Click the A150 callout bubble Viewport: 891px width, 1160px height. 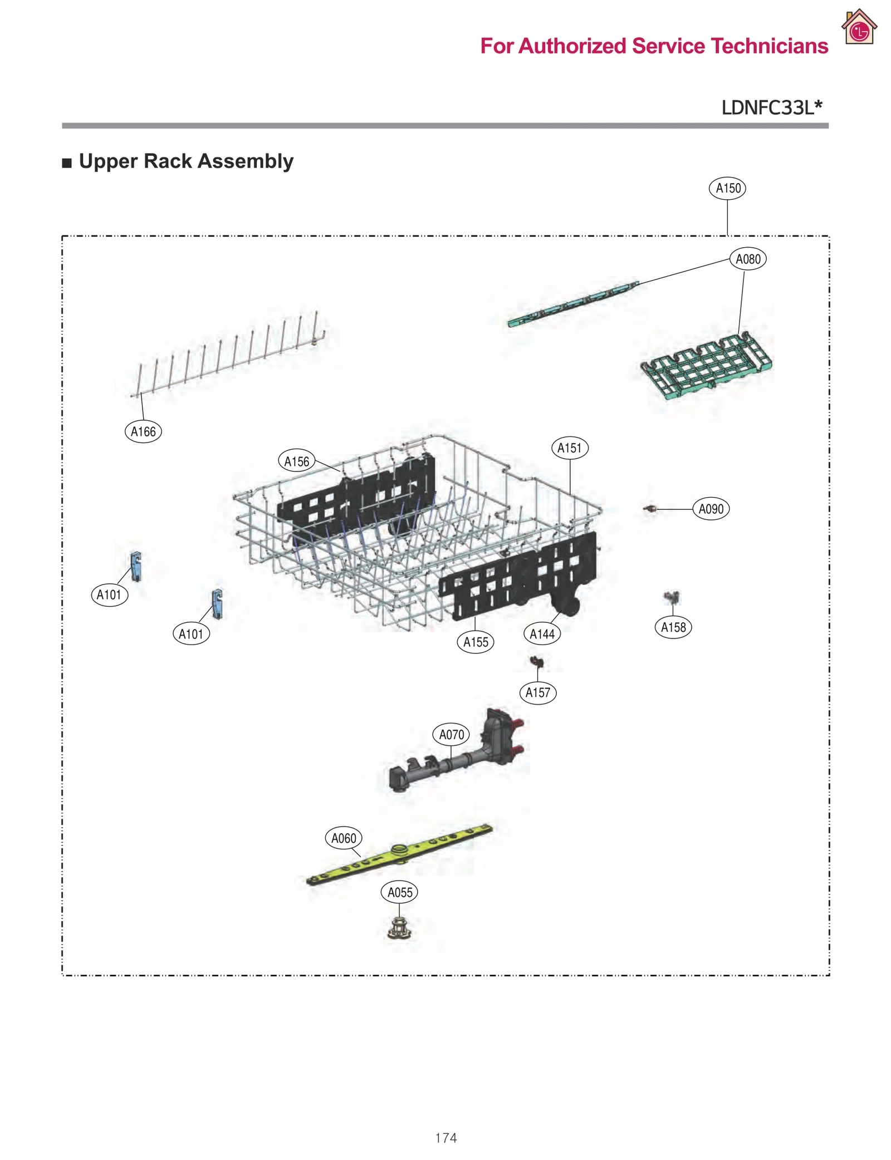tap(727, 188)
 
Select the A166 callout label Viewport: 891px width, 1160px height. tap(143, 431)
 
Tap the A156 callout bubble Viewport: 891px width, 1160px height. tap(296, 461)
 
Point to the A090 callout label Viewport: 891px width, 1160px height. tap(711, 509)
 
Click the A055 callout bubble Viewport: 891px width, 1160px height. tap(399, 892)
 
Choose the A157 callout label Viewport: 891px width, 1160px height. tap(537, 692)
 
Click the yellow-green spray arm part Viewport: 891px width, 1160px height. tap(399, 854)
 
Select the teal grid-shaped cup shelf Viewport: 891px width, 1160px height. tap(706, 365)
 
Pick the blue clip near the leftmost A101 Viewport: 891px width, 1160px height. tap(136, 566)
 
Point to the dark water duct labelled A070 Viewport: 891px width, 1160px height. tap(457, 757)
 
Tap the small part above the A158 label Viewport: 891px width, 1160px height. tap(672, 598)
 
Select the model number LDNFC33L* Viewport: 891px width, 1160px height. tap(771, 107)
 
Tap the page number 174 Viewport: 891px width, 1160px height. tap(445, 1138)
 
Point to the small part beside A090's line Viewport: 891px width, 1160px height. tap(650, 509)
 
